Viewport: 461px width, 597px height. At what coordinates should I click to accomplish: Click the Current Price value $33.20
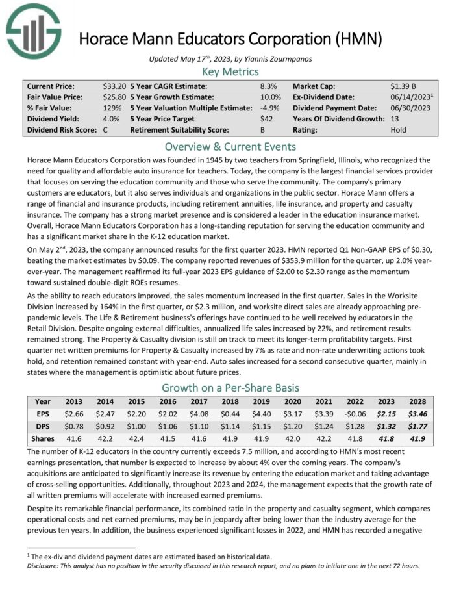click(x=114, y=86)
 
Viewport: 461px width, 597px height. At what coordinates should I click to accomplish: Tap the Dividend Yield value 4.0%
click(x=111, y=119)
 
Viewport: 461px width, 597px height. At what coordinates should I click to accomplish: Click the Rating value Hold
click(x=399, y=130)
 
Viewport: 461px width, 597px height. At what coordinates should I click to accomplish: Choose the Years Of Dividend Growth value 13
click(x=395, y=119)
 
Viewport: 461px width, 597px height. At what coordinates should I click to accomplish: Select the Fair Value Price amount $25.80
click(x=114, y=97)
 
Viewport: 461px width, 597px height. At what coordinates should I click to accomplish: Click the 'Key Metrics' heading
click(x=230, y=71)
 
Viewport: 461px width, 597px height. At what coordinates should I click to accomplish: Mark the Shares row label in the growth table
click(x=43, y=439)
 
